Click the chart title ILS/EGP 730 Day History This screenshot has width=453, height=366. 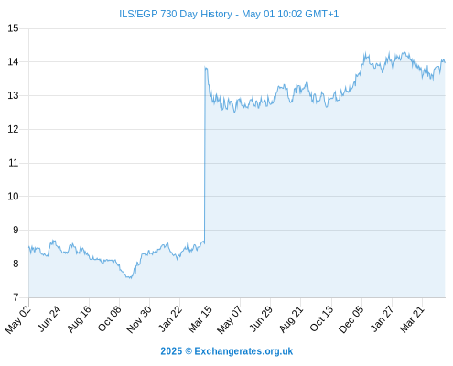point(176,14)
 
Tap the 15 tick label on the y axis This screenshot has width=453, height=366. point(13,28)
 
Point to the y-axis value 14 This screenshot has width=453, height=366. point(13,62)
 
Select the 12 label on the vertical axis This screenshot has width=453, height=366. point(13,129)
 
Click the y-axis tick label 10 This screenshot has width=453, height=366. point(13,197)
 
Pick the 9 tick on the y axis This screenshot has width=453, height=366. point(16,230)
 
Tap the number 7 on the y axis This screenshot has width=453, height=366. point(16,297)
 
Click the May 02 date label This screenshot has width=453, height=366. point(18,319)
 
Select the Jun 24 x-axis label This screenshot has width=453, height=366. point(49,318)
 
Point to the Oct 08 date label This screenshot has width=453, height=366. point(109,318)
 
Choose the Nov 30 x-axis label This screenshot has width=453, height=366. point(139,319)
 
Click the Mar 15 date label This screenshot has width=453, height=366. point(200,319)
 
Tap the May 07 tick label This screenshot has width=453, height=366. point(230,319)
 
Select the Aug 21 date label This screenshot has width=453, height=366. point(291,318)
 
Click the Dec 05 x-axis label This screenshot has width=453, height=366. point(351,319)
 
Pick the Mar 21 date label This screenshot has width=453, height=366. point(412,319)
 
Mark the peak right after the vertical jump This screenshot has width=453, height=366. point(206,67)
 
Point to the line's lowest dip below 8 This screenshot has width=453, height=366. point(130,278)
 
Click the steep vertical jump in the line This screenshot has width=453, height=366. point(204,156)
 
